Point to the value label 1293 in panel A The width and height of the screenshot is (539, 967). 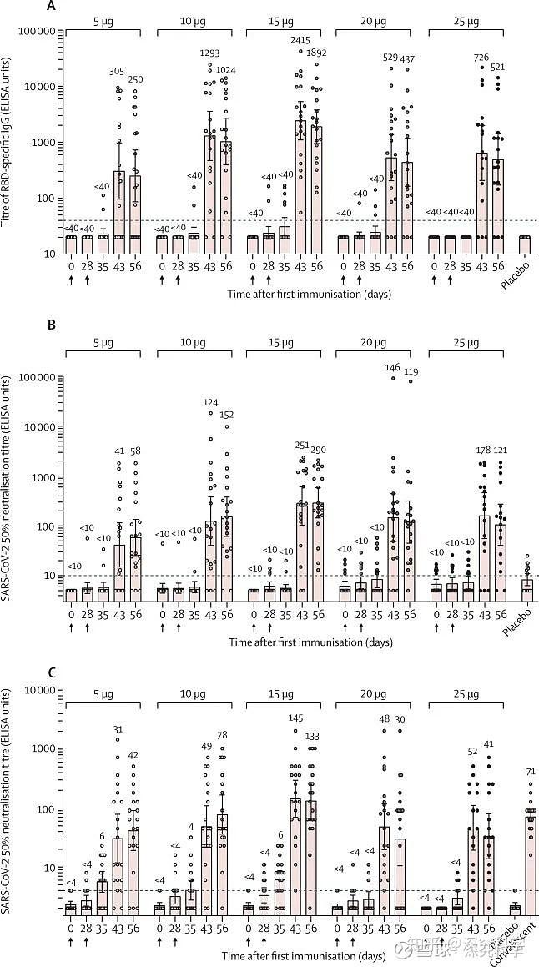coord(210,54)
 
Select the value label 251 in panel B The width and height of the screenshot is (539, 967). coord(300,446)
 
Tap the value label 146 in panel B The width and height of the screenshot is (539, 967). coord(391,367)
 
